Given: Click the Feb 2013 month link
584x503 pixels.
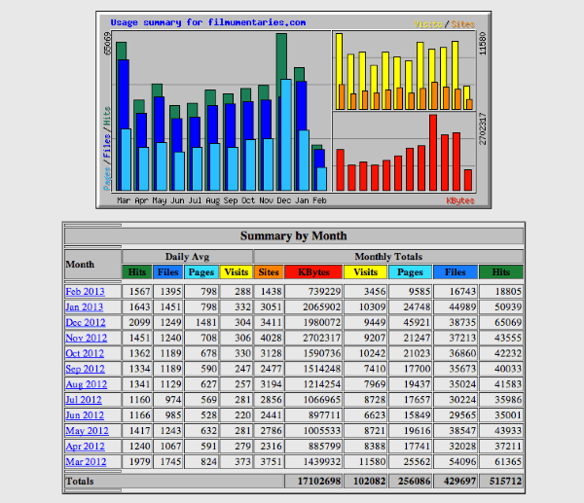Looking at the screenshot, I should coord(85,292).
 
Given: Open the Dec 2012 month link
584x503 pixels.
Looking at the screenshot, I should coord(85,322).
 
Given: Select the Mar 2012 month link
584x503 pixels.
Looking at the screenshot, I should coord(85,461).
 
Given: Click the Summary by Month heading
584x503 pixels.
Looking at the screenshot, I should coord(293,235).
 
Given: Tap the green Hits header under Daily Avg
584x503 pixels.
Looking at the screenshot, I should coord(137,272).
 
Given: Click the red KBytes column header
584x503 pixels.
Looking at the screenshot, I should coord(312,272).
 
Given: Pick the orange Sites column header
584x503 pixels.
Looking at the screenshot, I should coord(269,272).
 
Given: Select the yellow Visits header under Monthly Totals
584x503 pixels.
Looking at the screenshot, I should coord(366,272).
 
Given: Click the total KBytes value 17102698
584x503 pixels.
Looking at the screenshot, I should coord(312,481).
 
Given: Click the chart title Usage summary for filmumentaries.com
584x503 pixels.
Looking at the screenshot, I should coord(207,21).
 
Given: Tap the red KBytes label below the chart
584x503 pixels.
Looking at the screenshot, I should coord(459,200).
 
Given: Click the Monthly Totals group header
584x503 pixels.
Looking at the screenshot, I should coord(387,256).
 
